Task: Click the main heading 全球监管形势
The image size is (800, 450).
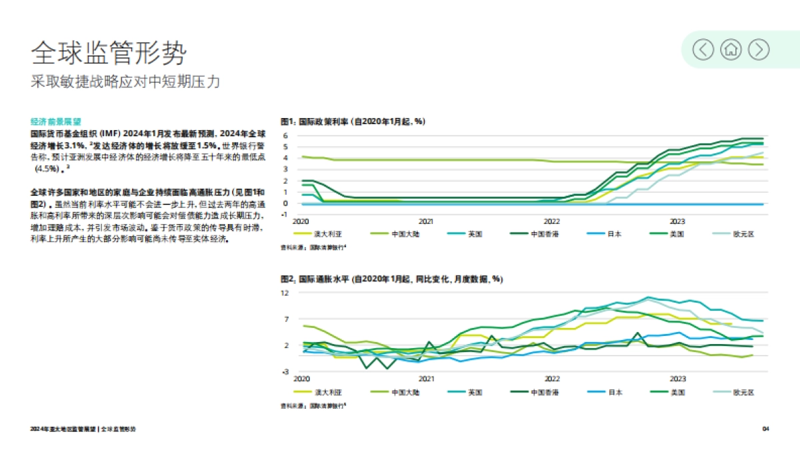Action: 109,52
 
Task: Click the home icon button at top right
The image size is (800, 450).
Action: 731,49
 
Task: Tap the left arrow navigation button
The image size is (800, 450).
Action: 703,49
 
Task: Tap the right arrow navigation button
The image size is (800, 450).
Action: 759,49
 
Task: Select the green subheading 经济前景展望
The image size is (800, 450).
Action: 55,122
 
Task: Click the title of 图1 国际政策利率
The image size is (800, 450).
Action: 353,121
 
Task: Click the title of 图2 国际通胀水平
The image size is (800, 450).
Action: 391,279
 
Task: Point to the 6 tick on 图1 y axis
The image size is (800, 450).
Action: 285,135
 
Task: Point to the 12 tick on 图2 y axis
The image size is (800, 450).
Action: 285,293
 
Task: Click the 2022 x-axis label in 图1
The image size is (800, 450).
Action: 552,221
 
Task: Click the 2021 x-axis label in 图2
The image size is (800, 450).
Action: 426,378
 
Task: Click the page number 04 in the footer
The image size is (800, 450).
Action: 766,429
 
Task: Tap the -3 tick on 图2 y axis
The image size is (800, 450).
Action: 285,371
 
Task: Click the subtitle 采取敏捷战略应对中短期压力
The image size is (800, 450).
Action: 125,82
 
